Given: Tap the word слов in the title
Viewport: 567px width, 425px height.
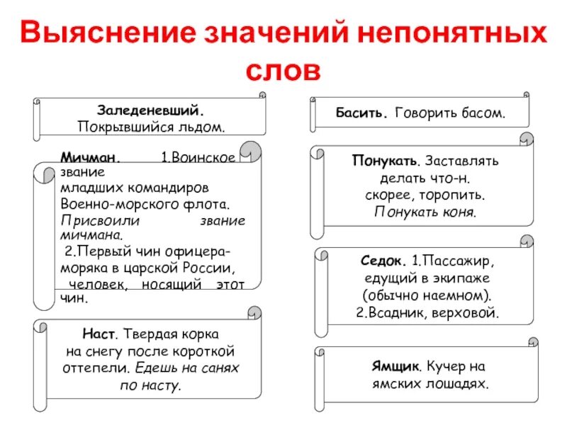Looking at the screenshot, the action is (283, 71).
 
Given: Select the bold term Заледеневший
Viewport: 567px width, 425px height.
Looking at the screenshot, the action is (151, 111).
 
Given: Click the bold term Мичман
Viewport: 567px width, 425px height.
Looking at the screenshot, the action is (90, 158).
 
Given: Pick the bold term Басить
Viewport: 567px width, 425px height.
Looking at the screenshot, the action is (361, 113).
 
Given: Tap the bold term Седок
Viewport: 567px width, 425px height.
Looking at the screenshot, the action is (383, 261).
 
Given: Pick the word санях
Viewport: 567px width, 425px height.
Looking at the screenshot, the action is (220, 368).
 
